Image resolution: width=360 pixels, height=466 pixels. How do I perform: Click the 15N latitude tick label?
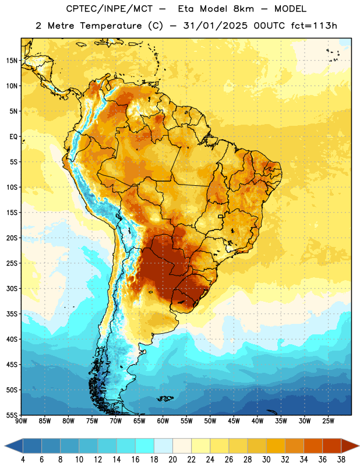pos(12,61)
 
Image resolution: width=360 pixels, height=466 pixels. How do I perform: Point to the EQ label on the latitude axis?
pos(13,137)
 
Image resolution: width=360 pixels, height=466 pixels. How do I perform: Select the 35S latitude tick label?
pos(12,314)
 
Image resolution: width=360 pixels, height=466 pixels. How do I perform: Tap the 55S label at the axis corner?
pos(12,415)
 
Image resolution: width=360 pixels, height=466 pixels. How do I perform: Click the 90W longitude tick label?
pos(21,421)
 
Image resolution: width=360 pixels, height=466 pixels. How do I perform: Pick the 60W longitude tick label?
pos(163,421)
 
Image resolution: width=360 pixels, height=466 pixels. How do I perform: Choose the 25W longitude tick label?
pos(328,421)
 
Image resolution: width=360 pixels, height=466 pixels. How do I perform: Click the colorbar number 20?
pos(172,460)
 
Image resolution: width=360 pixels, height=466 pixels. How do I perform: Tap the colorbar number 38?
pos(341,460)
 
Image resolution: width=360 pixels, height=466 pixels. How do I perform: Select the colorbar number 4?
pos(23,460)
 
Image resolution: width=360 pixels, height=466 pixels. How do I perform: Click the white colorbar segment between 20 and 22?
pos(182,446)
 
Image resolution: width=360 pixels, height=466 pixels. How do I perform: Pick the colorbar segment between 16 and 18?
pos(144,446)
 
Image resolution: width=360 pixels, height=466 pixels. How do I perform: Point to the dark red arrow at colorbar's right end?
pos(349,446)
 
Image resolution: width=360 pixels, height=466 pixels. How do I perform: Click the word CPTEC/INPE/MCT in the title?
pos(109,9)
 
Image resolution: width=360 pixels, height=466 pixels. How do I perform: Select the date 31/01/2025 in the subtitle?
pos(215,26)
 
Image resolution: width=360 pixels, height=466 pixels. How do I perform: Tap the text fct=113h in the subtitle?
pos(314,26)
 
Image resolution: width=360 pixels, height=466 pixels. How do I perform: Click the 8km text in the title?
pos(243,9)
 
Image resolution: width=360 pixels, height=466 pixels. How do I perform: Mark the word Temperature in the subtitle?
pos(111,26)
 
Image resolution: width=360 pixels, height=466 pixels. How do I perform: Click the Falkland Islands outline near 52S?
pos(165,398)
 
